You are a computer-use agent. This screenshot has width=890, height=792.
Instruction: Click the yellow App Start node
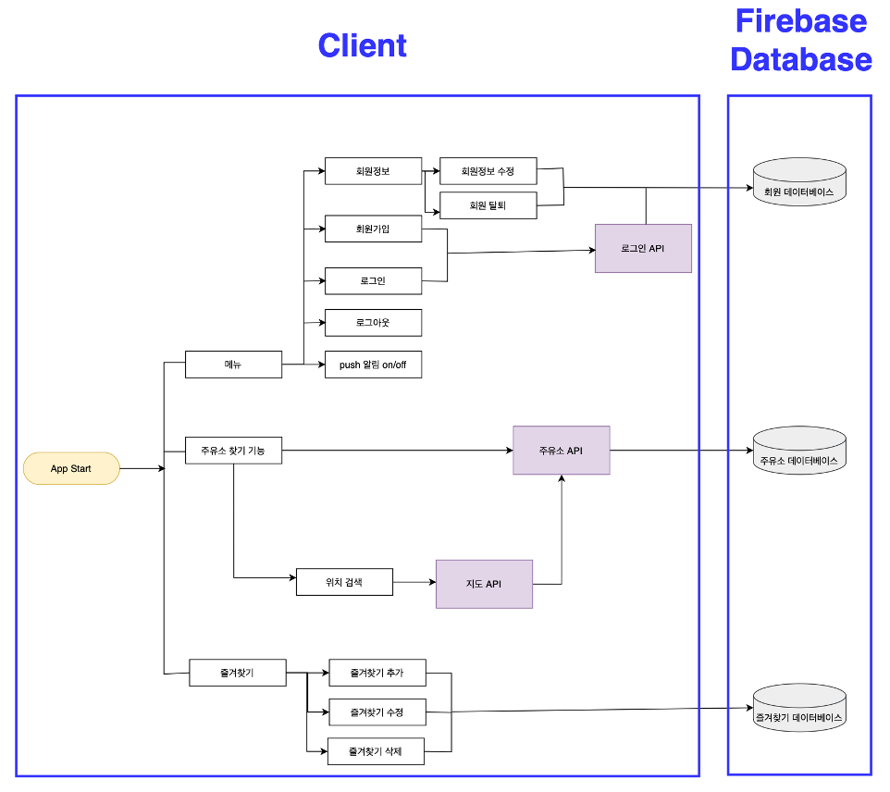coord(71,468)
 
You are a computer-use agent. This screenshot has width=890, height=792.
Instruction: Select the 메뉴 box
coord(233,365)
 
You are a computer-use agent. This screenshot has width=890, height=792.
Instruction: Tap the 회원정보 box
coord(373,171)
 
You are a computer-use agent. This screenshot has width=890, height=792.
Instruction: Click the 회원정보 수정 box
coord(488,171)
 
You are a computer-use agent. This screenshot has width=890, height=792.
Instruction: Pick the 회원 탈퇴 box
coord(488,205)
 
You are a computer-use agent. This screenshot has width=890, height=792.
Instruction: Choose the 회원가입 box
coord(373,229)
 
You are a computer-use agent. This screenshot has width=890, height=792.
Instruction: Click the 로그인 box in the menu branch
coord(373,280)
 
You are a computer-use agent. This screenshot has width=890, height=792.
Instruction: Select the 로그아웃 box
coord(373,323)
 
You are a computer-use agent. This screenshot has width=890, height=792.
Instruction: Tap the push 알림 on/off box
coord(373,365)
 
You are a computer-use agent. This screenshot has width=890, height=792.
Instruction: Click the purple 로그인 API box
coord(643,248)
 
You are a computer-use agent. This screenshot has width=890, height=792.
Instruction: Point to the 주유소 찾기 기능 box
coord(233,451)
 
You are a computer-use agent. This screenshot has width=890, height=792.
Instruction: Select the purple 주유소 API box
coord(561,451)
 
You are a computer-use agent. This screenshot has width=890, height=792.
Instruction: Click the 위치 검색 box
coord(344,582)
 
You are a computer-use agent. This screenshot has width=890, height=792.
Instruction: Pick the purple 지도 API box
coord(484,584)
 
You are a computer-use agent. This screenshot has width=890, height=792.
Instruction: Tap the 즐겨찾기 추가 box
coord(377,673)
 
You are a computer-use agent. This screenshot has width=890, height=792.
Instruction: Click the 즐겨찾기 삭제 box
coord(377,751)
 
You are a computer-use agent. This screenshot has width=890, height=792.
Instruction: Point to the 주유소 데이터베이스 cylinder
coord(799,452)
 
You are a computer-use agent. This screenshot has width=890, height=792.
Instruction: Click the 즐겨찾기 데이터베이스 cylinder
coord(799,709)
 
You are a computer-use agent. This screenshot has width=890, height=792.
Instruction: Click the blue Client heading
coord(362,45)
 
